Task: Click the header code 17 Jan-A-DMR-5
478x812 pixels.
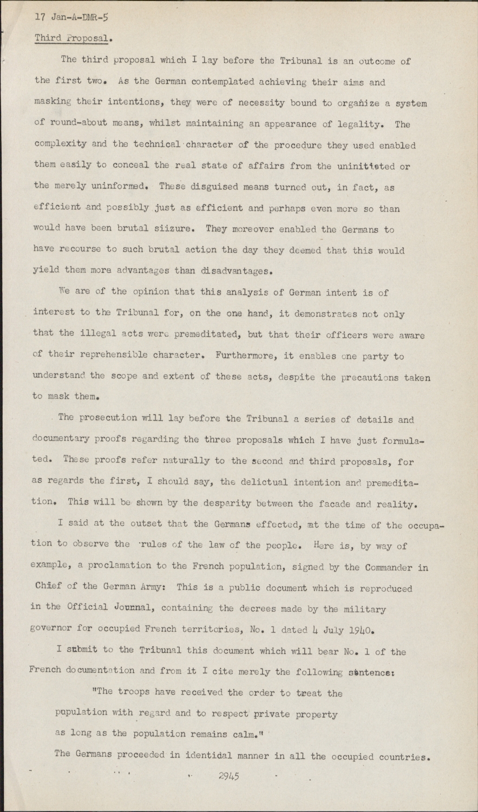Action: pos(71,17)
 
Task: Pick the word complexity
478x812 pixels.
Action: pos(58,146)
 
